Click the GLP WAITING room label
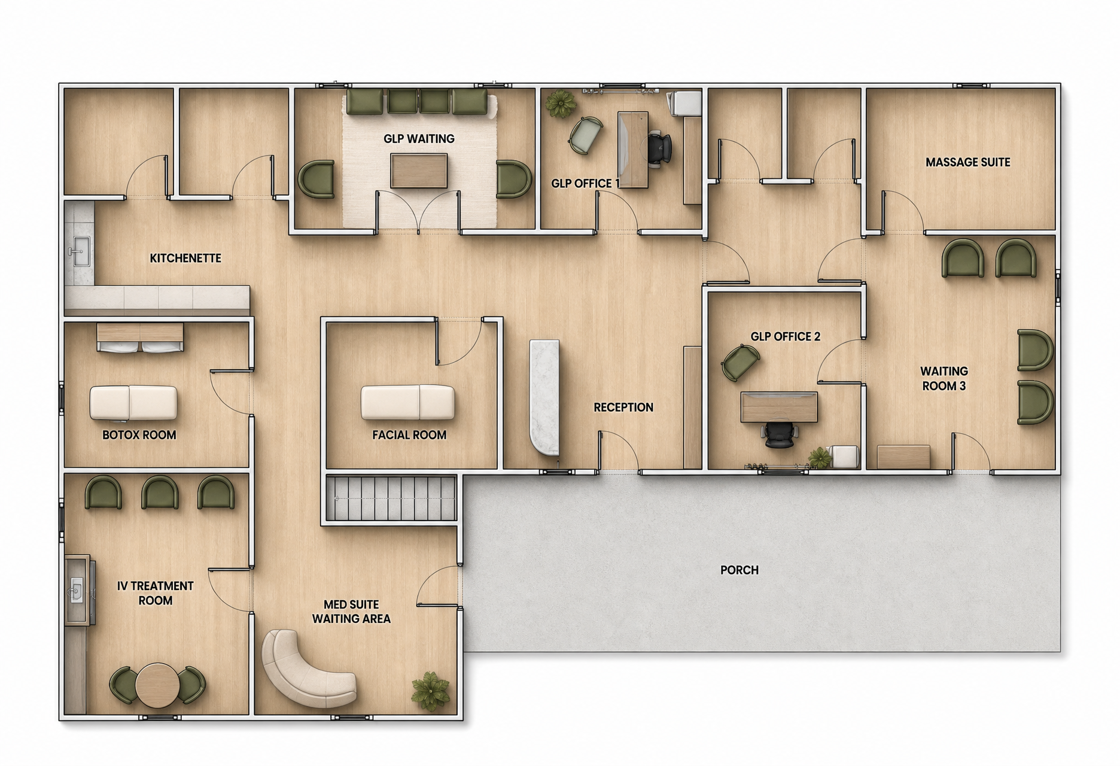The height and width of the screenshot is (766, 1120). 419,139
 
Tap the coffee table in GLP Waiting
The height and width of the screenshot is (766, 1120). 419,171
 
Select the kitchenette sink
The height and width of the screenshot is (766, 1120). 79,251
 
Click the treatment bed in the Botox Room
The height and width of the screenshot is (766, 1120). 133,402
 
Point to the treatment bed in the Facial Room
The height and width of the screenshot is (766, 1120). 407,402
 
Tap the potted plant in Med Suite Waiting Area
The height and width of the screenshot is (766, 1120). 431,691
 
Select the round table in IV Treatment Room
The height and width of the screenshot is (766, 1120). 157,686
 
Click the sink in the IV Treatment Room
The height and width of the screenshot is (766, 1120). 77,589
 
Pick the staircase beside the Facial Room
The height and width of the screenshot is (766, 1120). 392,498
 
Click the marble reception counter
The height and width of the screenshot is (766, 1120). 544,397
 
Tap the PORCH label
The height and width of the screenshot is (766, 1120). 739,570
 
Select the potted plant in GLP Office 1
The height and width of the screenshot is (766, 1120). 561,104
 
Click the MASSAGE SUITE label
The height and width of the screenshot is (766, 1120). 967,162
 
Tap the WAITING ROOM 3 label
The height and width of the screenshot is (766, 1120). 944,379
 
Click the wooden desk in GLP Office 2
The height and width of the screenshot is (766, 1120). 779,407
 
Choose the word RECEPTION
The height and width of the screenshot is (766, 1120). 623,408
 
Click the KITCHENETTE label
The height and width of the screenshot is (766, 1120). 185,259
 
